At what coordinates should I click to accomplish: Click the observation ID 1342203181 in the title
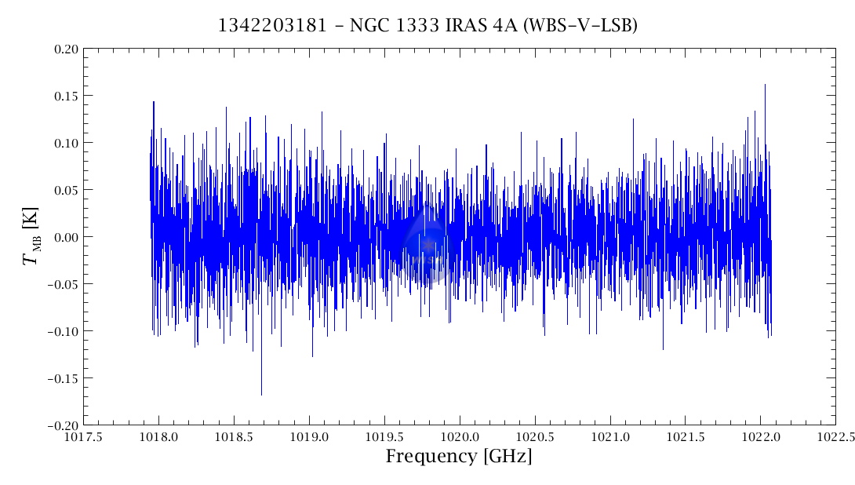click(264, 25)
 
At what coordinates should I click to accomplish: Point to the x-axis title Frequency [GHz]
click(458, 456)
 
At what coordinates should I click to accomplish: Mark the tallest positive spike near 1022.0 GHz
click(765, 85)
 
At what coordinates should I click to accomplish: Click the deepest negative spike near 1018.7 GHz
click(261, 394)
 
